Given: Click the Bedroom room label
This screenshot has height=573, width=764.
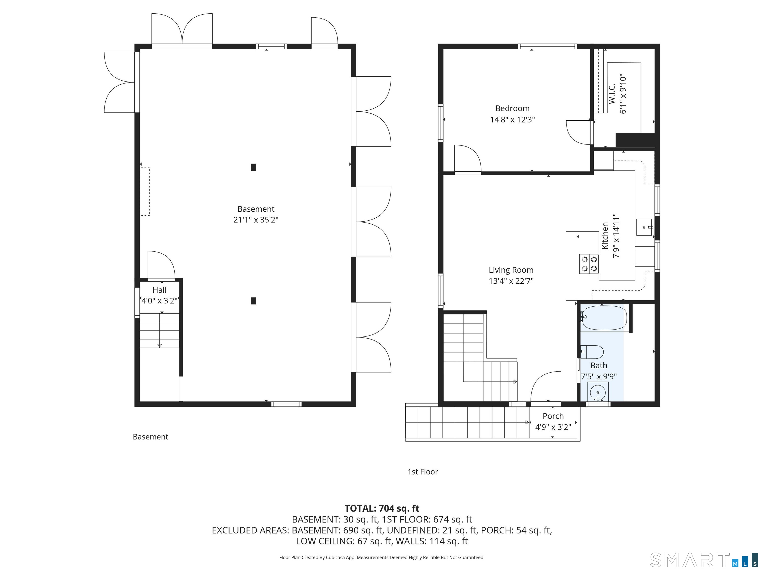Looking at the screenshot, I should [x=512, y=108].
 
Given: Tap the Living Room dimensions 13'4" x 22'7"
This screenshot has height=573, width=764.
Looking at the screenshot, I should [x=511, y=281].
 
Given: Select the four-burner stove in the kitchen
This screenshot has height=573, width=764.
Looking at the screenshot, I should [x=589, y=264].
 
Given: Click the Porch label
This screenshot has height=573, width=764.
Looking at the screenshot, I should [x=553, y=416].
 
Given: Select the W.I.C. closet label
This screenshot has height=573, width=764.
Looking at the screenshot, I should [x=612, y=93].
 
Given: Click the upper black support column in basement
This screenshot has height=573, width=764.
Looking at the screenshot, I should [x=253, y=167].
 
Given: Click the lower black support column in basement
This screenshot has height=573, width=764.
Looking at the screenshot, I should [x=253, y=301].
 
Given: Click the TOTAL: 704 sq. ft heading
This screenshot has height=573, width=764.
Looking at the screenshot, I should [x=382, y=508].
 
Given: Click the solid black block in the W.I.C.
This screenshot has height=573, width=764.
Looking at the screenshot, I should [x=635, y=140].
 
